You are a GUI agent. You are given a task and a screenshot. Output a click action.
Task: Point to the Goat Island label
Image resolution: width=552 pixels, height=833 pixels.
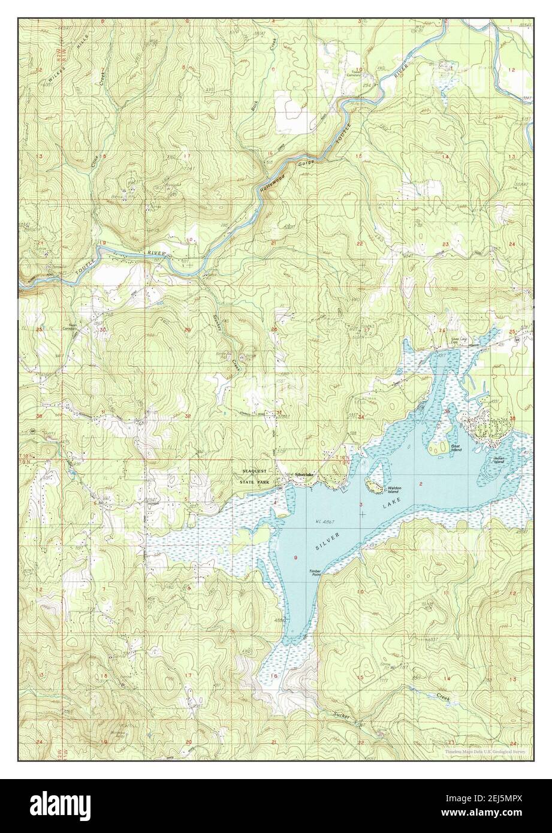tap(456, 448)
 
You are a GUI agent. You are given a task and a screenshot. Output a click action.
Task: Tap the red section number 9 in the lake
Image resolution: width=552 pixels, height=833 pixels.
tap(295, 559)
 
